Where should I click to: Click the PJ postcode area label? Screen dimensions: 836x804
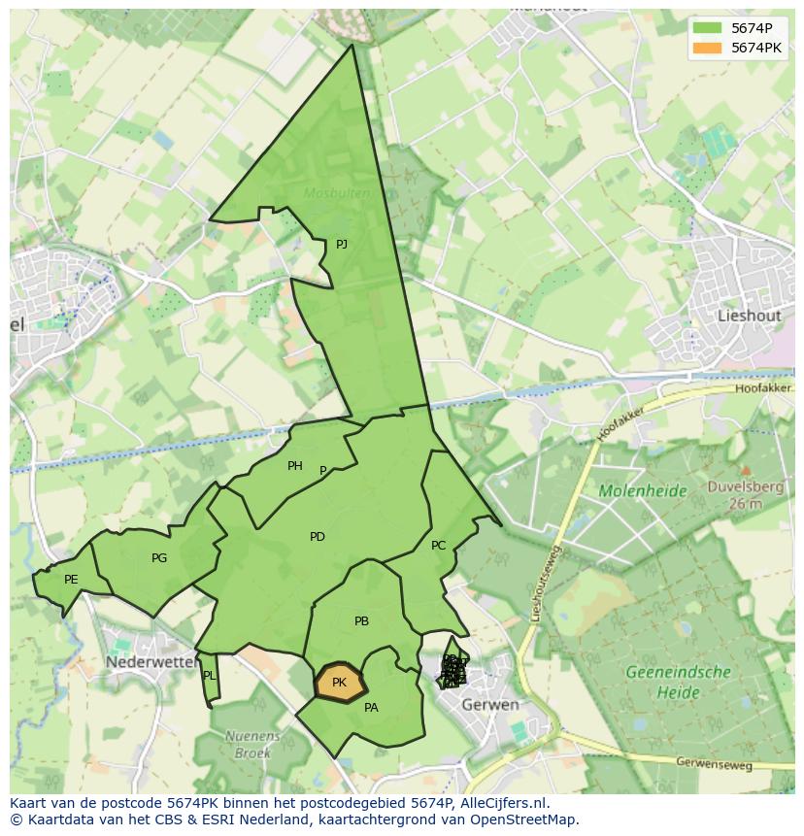pyautogui.click(x=342, y=245)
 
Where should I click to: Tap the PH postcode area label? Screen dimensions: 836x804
pyautogui.click(x=295, y=466)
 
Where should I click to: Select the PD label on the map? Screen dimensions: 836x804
pyautogui.click(x=318, y=537)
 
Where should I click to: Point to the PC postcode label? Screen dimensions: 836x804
pyautogui.click(x=438, y=546)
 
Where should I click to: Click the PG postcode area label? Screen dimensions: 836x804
pyautogui.click(x=159, y=558)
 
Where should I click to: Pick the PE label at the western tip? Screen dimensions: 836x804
pyautogui.click(x=71, y=580)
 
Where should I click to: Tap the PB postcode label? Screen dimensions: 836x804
pyautogui.click(x=361, y=621)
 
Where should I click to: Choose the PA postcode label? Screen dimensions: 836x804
pyautogui.click(x=371, y=708)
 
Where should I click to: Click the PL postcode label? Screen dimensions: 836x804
pyautogui.click(x=209, y=676)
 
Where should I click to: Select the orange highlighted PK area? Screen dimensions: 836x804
pyautogui.click(x=339, y=683)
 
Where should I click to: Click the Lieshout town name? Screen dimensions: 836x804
pyautogui.click(x=749, y=316)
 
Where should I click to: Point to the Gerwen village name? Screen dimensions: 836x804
pyautogui.click(x=490, y=704)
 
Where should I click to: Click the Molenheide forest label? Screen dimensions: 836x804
pyautogui.click(x=643, y=491)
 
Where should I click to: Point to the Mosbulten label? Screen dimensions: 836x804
pyautogui.click(x=336, y=193)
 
